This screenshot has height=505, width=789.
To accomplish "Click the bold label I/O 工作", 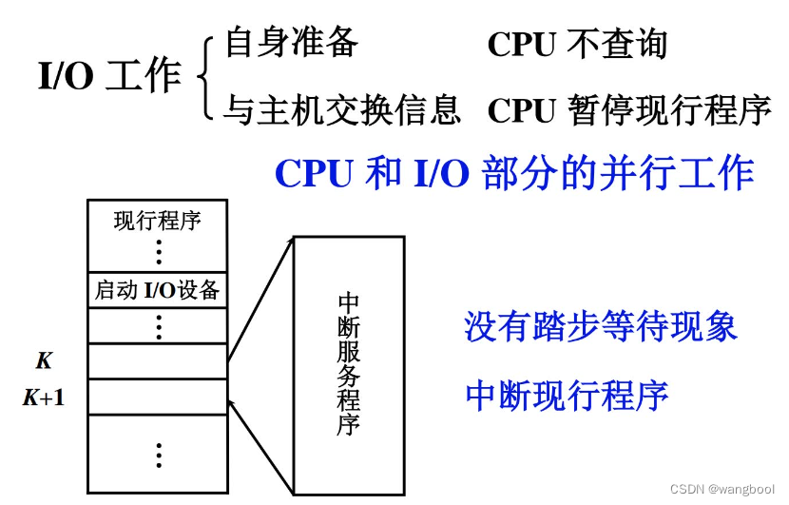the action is pyautogui.click(x=109, y=77).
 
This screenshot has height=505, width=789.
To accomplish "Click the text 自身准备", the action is pyautogui.click(x=291, y=43).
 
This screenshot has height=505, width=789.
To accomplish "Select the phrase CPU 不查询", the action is pyautogui.click(x=577, y=44).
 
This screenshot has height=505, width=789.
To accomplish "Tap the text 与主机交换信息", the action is pyautogui.click(x=341, y=109).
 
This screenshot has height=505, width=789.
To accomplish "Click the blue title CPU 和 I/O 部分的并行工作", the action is pyautogui.click(x=514, y=173).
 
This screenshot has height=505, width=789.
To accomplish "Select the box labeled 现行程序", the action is pyautogui.click(x=158, y=222).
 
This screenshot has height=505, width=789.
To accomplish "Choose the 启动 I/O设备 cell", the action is pyautogui.click(x=158, y=289).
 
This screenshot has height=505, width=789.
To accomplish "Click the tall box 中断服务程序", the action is pyautogui.click(x=349, y=365).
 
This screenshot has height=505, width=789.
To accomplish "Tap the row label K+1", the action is pyautogui.click(x=44, y=398).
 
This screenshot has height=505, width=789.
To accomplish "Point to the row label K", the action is pyautogui.click(x=44, y=361).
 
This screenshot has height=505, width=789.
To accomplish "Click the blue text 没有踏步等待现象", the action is pyautogui.click(x=601, y=326).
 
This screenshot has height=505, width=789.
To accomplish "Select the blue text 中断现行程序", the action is pyautogui.click(x=567, y=395).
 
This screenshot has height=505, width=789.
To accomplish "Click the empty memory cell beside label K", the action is pyautogui.click(x=158, y=360).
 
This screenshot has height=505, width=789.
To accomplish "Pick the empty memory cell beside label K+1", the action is pyautogui.click(x=158, y=397).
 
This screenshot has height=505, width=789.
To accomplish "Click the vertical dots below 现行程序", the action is pyautogui.click(x=158, y=252).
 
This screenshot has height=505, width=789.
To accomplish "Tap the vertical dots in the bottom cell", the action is pyautogui.click(x=158, y=454).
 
